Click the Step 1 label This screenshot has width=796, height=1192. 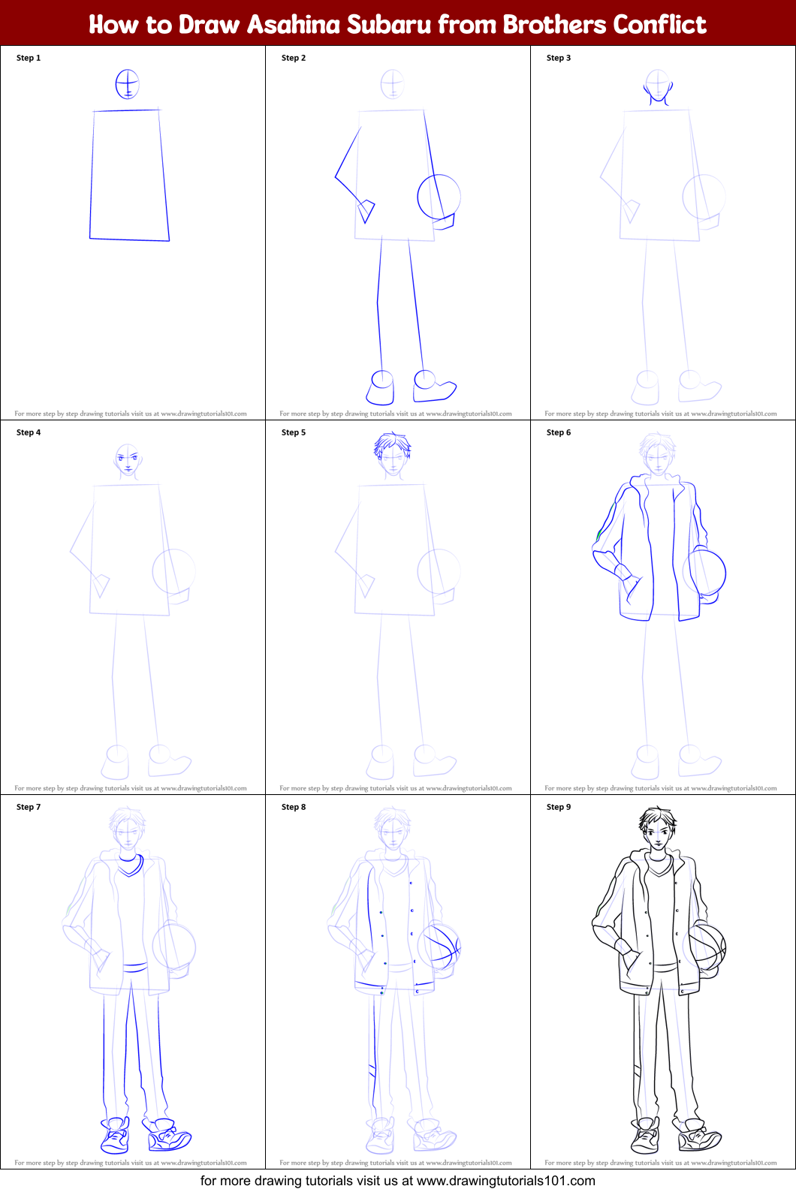click(29, 58)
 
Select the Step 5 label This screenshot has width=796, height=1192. click(294, 432)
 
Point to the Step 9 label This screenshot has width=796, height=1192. click(559, 807)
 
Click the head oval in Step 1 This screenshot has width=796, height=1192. click(128, 83)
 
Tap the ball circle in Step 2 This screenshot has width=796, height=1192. click(439, 197)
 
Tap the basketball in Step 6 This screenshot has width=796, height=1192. click(706, 573)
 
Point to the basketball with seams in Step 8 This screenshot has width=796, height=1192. click(440, 947)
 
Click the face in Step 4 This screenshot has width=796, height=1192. click(128, 459)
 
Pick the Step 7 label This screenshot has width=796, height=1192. click(29, 807)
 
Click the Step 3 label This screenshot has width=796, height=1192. click(559, 58)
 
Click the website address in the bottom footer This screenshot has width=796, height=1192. click(505, 1181)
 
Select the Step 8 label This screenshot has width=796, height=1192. click(294, 807)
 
